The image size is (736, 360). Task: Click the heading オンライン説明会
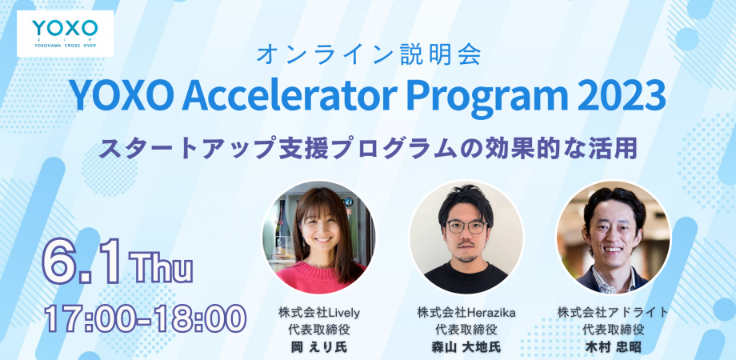369,55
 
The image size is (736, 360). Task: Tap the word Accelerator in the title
288,95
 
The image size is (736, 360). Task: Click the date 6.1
83,262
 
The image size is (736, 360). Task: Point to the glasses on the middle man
466,227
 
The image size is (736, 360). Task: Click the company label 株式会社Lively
318,312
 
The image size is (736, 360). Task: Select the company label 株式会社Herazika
466,312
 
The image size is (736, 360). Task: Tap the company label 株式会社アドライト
613,312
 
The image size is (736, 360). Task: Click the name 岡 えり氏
318,347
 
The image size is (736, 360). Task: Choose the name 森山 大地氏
466,347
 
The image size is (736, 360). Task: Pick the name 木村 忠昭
613,347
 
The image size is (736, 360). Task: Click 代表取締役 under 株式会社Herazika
466,330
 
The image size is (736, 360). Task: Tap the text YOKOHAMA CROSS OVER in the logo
66,46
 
